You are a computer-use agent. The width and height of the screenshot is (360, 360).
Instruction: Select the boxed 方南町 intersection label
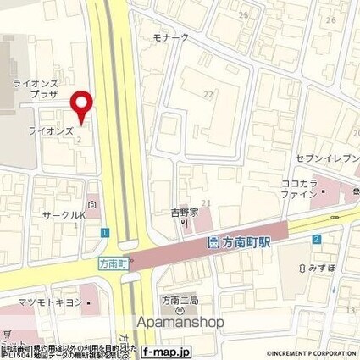[112, 264]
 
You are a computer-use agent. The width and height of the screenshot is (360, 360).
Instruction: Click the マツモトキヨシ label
[47, 302]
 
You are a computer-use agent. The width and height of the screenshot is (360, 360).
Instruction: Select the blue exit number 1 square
[102, 232]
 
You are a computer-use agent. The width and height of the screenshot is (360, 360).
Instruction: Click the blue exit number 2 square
[315, 241]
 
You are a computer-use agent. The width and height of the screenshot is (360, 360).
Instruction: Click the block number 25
[243, 15]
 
